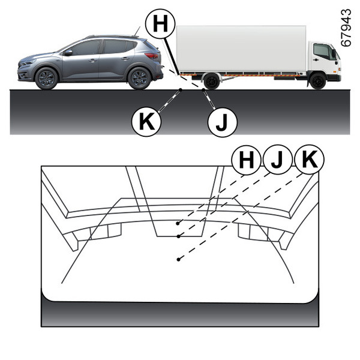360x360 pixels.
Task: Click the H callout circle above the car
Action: pos(160,23)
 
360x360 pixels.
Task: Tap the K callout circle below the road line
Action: pos(146,122)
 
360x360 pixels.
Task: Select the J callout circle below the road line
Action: pos(222,122)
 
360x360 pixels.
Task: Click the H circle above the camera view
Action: pos(246,160)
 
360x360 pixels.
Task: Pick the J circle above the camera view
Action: pos(278,160)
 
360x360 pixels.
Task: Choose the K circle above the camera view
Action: pos(309,159)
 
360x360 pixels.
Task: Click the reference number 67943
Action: pos(346,28)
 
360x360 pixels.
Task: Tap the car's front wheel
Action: pos(46,78)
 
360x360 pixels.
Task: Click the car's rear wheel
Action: pos(139,78)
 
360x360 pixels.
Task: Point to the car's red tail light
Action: pos(152,56)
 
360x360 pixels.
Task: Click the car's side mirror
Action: pos(68,53)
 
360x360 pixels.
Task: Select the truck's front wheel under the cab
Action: pos(318,81)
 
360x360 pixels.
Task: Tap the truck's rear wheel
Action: pos(211,81)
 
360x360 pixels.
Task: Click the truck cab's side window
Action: pos(322,51)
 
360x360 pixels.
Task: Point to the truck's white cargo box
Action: pos(241,49)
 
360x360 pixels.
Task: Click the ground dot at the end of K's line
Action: pos(181,90)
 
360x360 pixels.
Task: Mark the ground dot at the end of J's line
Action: pos(203,90)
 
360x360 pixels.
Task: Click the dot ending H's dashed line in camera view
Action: pos(178,223)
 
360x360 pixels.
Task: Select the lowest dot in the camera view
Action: pos(178,259)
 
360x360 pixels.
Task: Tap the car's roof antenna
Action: pos(137,31)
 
